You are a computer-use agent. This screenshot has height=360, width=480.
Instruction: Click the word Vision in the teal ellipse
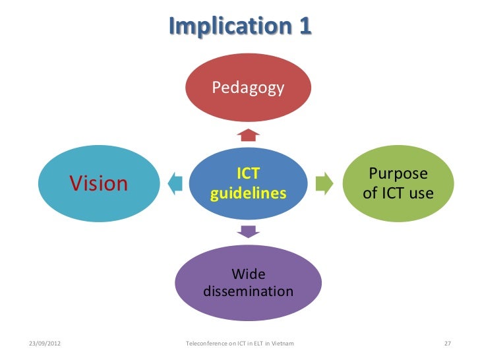click(99, 183)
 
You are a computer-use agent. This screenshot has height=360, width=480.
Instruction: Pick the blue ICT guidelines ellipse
click(248, 184)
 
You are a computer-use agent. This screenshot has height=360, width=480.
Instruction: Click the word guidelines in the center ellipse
click(248, 194)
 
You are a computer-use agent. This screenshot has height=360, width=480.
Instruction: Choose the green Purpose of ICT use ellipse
click(398, 184)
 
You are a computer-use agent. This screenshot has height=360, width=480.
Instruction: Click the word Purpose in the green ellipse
click(398, 175)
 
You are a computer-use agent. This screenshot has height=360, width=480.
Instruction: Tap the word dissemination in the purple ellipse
click(249, 291)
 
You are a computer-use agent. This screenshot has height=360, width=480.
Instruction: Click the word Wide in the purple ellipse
click(249, 274)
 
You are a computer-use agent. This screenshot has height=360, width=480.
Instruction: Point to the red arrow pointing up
click(248, 135)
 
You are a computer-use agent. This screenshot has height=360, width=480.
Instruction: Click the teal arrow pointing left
click(175, 183)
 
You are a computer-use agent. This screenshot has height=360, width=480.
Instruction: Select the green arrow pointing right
click(324, 183)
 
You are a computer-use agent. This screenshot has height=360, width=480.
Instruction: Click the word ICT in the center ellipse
click(248, 174)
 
